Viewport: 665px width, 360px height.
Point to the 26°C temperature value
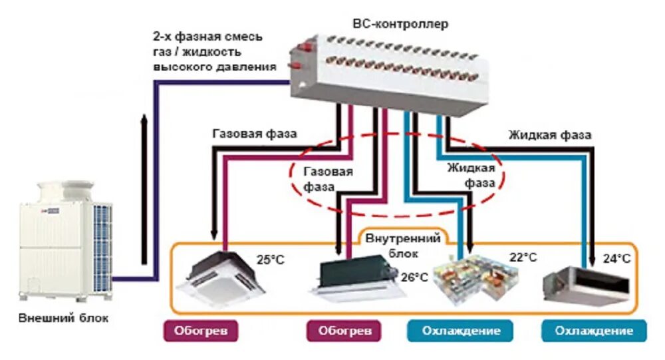(414, 277)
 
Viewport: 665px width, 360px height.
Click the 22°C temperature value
(523, 257)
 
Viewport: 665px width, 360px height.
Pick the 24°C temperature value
(616, 258)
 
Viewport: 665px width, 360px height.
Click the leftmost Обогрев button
(201, 331)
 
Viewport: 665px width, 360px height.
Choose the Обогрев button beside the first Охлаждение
(344, 331)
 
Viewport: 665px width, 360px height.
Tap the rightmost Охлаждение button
(595, 331)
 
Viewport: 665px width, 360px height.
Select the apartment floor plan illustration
(472, 276)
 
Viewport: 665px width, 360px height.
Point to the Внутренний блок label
(401, 244)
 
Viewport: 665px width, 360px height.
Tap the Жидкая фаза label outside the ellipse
(550, 135)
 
